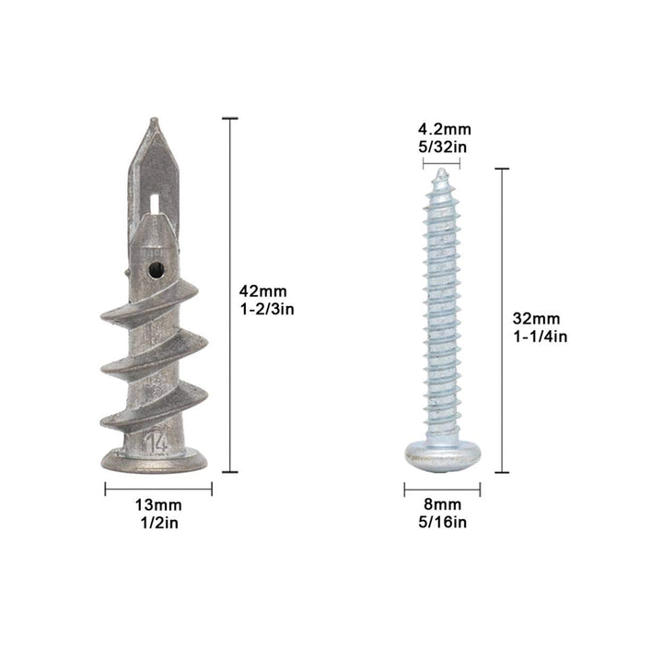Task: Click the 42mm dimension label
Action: pos(262,291)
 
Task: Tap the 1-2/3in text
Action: pos(267,310)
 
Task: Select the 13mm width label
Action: pos(158,505)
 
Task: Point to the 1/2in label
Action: pos(159,523)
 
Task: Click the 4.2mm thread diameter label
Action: pos(445,129)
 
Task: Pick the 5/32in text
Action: pos(443,147)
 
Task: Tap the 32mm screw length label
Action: pos(536,318)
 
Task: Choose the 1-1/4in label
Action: pos(541,336)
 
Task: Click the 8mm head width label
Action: pos(443,504)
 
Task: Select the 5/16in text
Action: pos(443,522)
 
